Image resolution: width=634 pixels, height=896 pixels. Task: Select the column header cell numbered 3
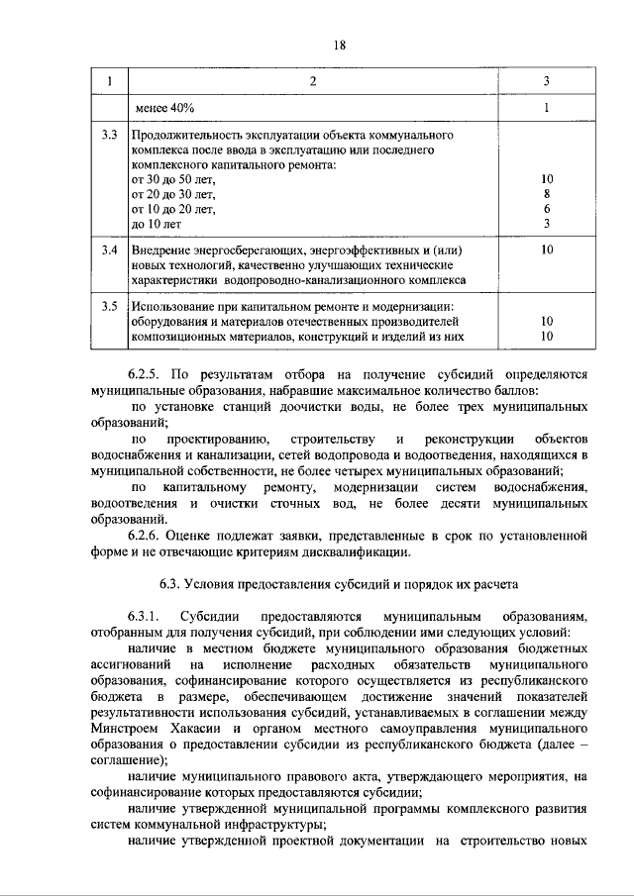(547, 80)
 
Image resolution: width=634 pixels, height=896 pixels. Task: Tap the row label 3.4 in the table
(109, 251)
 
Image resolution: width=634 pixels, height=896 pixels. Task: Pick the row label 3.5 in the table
(109, 306)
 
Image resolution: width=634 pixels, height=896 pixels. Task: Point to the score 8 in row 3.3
(547, 195)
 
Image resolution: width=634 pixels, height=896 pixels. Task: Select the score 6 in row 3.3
(547, 210)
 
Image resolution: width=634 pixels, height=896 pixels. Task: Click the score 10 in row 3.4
(547, 251)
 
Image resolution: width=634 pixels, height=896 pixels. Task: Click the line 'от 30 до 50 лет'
(173, 180)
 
